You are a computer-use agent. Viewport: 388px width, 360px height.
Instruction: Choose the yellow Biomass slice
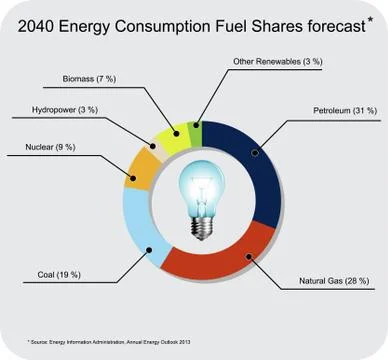[172, 131]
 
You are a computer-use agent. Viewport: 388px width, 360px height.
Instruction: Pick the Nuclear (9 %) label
[50, 147]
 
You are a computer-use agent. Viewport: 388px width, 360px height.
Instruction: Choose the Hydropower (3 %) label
[67, 110]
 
